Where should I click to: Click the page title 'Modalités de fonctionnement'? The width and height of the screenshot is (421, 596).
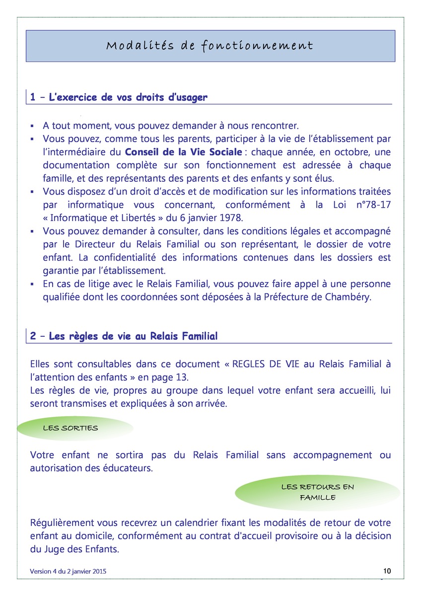click(x=210, y=46)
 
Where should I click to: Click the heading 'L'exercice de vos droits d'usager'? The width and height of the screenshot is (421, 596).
click(x=128, y=97)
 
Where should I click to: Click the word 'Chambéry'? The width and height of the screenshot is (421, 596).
click(x=350, y=297)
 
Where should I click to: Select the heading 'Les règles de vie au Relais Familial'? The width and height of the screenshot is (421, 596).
click(x=134, y=336)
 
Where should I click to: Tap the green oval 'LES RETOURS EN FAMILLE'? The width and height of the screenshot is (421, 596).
click(x=318, y=492)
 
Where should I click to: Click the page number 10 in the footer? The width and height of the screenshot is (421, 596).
click(x=387, y=570)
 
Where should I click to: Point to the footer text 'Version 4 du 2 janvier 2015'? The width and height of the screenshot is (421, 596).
click(x=68, y=572)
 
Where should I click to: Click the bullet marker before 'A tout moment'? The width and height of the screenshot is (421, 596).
click(x=32, y=126)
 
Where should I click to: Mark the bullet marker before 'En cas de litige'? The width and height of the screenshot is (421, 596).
click(x=32, y=284)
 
